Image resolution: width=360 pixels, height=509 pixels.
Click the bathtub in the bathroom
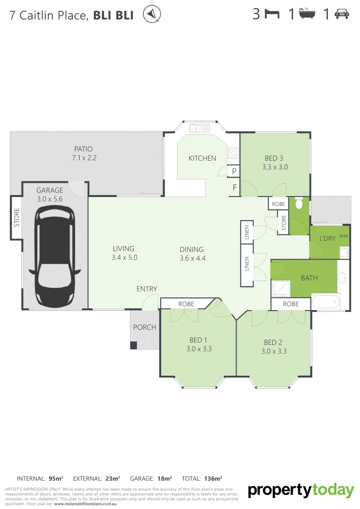point(326,301)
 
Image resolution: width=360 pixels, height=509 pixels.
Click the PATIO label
point(83,149)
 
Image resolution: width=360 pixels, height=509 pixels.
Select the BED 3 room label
point(274,158)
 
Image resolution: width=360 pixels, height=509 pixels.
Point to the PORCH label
point(145,327)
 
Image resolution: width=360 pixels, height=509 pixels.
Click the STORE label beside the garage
point(16,218)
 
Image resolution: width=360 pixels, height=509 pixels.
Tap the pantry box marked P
point(234,172)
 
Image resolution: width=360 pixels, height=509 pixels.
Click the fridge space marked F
point(234,188)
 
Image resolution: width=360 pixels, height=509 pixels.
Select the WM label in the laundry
point(343,236)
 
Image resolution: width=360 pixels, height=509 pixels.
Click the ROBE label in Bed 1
point(186,304)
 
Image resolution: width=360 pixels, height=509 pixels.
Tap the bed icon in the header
point(272,14)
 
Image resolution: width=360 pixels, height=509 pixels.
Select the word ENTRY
point(147,289)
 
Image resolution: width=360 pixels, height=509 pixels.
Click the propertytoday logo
point(301,491)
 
